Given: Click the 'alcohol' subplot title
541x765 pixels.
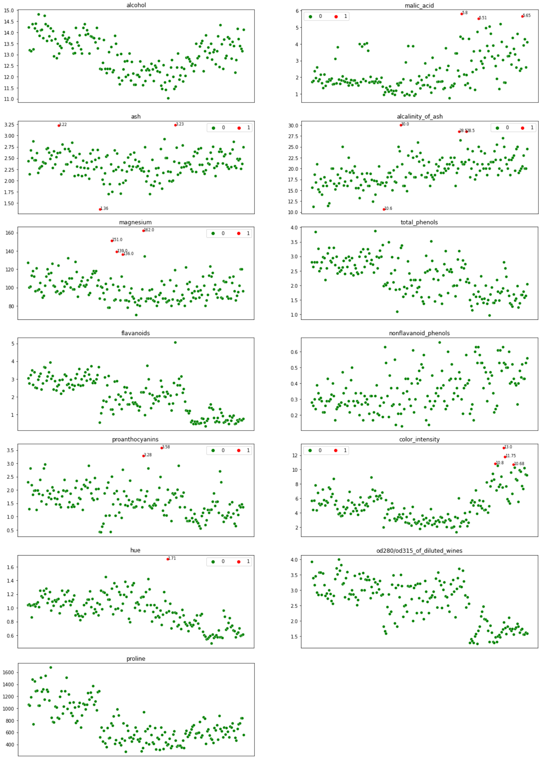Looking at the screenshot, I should coord(136,5).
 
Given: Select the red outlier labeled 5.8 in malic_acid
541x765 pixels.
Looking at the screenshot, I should coord(462,14).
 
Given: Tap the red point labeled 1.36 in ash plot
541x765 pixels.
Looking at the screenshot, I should coord(100,209).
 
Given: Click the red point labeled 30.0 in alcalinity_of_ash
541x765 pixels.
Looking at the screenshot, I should coord(401,125).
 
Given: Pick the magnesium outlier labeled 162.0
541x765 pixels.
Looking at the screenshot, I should coord(144,231).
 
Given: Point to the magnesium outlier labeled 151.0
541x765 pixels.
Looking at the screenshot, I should coord(112,241).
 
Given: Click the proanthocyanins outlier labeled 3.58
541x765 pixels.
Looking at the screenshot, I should coord(162,448).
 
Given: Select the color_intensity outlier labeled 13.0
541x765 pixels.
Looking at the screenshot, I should coord(504,448).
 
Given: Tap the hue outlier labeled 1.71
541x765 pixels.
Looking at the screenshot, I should coord(168,559).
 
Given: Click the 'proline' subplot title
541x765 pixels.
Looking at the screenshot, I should coord(136,659).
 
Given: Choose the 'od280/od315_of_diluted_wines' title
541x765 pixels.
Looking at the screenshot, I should coord(419,551).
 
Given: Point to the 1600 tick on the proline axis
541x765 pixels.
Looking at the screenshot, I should coord(8,673).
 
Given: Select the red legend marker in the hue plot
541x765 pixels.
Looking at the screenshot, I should coord(239,562).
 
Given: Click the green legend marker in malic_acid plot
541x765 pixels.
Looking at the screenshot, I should coord(310,16).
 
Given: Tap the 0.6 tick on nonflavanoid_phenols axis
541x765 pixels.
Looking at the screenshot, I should coord(294,352).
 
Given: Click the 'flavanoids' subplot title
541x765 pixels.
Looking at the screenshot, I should coord(135,333).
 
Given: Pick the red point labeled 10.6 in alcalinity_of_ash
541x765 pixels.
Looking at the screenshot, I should coord(384,209).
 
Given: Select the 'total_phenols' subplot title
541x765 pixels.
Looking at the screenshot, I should coord(419,222).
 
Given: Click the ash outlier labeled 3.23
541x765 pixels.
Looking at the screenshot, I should coord(175,125).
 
